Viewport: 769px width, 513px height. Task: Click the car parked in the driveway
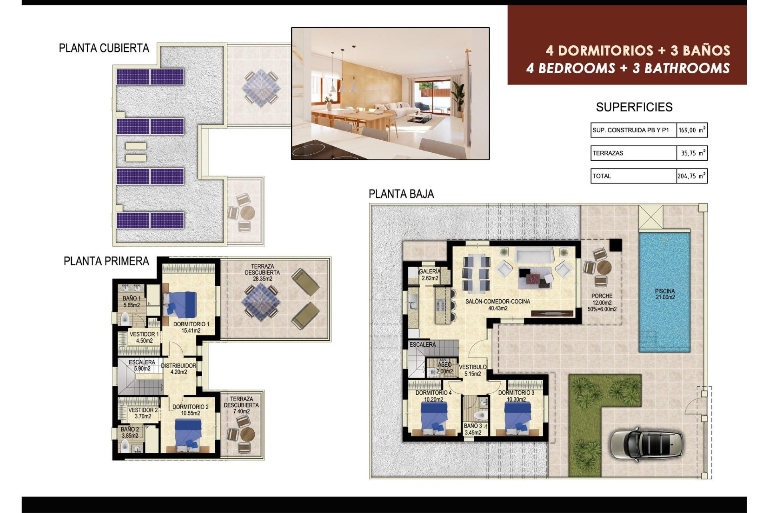646,445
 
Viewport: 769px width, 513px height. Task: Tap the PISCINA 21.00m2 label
665,294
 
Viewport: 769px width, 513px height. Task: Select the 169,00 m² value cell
692,130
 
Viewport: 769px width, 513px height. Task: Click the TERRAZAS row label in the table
608,153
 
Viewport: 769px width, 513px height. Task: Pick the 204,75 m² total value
692,176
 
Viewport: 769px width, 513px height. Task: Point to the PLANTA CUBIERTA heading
104,48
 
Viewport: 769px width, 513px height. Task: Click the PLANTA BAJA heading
401,194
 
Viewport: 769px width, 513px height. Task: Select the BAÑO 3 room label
473,429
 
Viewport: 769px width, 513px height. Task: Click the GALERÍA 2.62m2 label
430,275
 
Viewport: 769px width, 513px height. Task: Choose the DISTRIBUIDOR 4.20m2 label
179,369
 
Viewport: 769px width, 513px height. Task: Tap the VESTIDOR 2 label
143,413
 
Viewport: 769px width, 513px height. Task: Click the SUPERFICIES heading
634,107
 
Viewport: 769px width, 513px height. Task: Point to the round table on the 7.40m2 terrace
248,434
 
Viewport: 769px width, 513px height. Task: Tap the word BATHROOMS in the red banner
687,68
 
